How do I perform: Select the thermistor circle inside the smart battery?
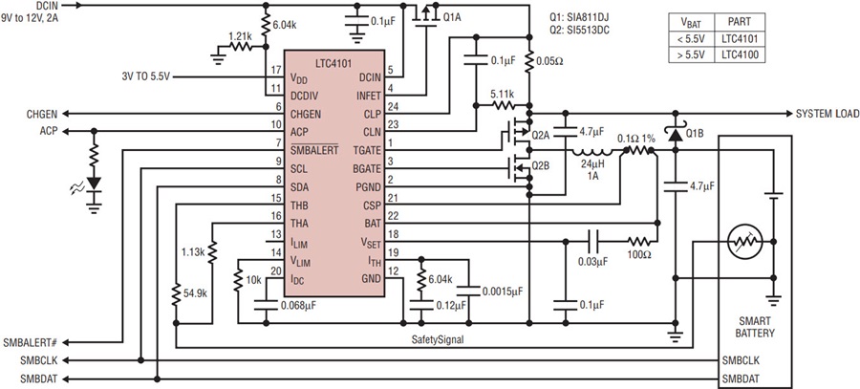click(x=744, y=242)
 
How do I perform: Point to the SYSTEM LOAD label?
click(x=828, y=114)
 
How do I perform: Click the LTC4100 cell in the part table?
click(x=736, y=54)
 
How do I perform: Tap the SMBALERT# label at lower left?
click(x=31, y=343)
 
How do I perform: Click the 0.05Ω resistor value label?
click(x=551, y=61)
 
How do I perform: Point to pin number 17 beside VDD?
click(x=276, y=70)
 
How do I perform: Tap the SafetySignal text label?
click(x=437, y=340)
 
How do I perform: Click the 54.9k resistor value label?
click(x=196, y=293)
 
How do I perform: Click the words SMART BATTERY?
click(x=755, y=327)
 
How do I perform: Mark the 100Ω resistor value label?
click(x=639, y=255)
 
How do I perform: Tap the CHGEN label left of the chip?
click(x=40, y=114)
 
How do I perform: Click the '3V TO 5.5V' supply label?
click(x=146, y=76)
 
